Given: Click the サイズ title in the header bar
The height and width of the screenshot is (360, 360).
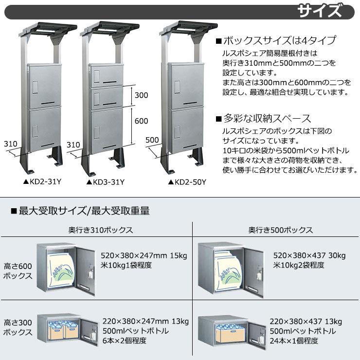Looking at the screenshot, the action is [x=319, y=11].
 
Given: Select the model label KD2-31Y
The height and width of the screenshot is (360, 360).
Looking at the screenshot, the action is [x=42, y=182].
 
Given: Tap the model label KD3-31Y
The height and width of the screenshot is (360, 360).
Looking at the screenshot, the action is [x=106, y=182].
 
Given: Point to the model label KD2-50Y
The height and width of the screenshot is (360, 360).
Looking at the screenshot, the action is [x=187, y=182].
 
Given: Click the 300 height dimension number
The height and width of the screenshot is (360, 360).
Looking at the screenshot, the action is [x=141, y=95].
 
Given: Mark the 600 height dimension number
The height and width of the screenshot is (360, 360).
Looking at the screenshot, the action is [x=141, y=121].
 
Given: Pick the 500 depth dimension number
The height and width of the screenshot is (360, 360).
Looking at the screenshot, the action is [x=152, y=140].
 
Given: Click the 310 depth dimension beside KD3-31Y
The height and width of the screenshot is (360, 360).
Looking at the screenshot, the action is [x=73, y=144].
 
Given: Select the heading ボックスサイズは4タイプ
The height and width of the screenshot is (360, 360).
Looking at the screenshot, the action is [x=276, y=40].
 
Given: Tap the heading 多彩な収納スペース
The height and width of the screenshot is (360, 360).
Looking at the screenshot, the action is [x=263, y=119].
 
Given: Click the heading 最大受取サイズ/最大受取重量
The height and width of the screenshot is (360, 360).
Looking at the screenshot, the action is [x=80, y=211].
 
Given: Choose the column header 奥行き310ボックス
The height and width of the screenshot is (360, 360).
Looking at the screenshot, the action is [x=101, y=230].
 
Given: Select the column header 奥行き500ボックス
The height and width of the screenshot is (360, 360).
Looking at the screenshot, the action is [x=281, y=230].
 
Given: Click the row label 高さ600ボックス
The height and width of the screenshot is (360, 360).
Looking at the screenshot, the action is [x=18, y=271].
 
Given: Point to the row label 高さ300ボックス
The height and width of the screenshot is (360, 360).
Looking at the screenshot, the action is [x=18, y=327].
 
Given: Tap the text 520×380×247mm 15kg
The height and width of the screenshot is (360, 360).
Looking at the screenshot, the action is [x=144, y=255].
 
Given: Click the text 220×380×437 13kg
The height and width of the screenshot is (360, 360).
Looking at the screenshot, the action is [x=306, y=322].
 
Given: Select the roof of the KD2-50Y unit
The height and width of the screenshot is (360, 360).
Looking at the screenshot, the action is [x=188, y=29].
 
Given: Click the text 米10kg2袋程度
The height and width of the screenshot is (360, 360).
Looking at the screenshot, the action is [x=299, y=265].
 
